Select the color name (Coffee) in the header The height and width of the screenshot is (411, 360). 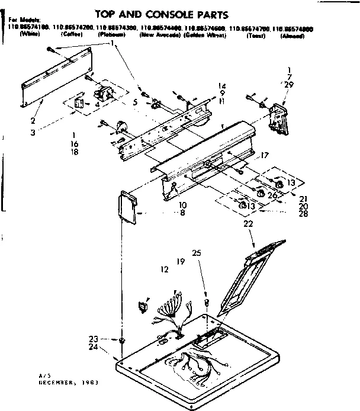pyautogui.click(x=72, y=35)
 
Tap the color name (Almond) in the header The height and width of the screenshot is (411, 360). pyautogui.click(x=292, y=36)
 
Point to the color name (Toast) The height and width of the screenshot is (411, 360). pyautogui.click(x=255, y=36)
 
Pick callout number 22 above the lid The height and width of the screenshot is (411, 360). pyautogui.click(x=248, y=224)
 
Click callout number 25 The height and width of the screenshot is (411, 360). pyautogui.click(x=197, y=253)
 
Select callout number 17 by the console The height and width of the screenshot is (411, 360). pyautogui.click(x=265, y=155)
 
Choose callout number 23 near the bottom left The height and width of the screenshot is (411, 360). pyautogui.click(x=92, y=339)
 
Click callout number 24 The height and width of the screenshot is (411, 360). pyautogui.click(x=92, y=347)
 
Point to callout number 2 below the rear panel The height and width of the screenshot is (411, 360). pyautogui.click(x=33, y=120)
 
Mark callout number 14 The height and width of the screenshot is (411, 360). pyautogui.click(x=205, y=86)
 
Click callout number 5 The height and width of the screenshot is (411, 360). pyautogui.click(x=136, y=102)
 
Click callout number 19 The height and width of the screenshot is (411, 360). pyautogui.click(x=181, y=261)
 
